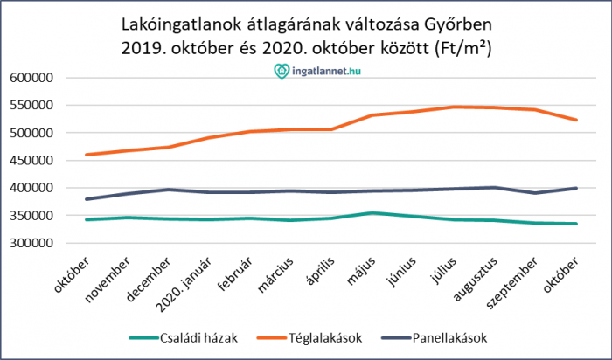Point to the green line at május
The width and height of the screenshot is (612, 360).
pos(372,212)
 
